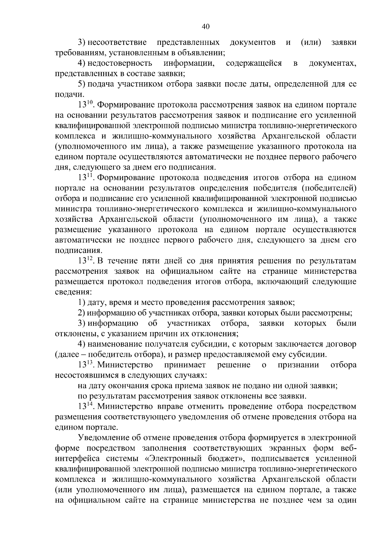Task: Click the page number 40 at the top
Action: pyautogui.click(x=206, y=27)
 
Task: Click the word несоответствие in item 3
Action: pyautogui.click(x=117, y=43)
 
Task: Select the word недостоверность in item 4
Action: pyautogui.click(x=120, y=63)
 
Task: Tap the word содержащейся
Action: pyautogui.click(x=254, y=63)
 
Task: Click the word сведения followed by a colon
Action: pyautogui.click(x=73, y=292)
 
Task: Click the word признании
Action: pyautogui.click(x=299, y=365)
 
